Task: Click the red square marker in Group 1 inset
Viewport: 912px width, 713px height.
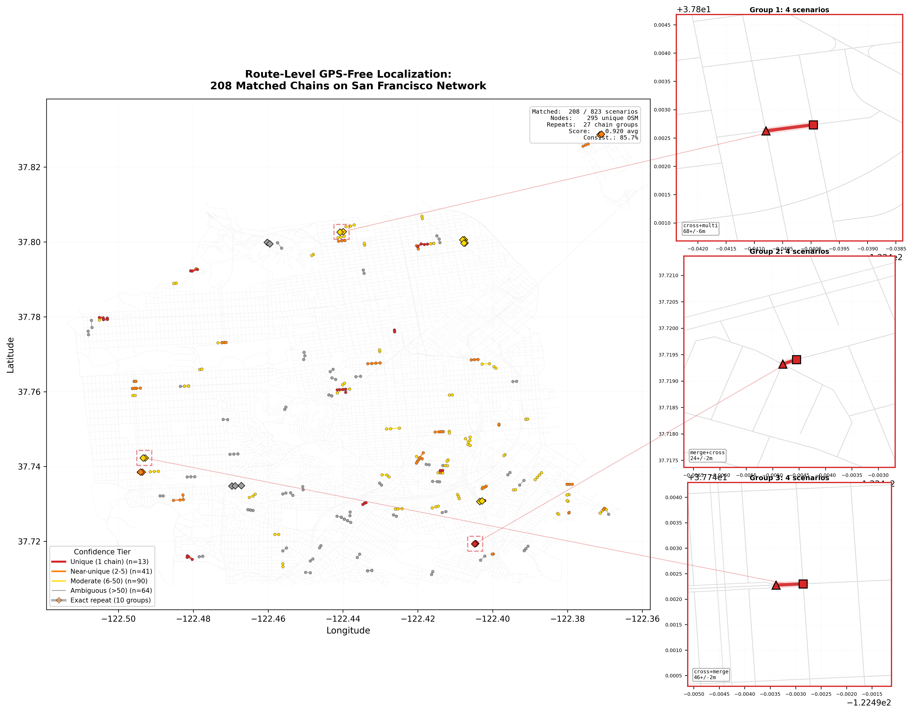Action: tap(813, 125)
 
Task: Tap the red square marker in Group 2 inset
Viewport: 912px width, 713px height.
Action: tap(796, 360)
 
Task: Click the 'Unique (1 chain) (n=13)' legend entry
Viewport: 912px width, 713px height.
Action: tap(109, 562)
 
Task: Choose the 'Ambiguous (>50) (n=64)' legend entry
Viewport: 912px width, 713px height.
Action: tap(111, 591)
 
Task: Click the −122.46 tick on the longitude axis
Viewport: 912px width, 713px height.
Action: tap(268, 619)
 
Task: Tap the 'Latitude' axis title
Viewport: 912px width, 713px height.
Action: tap(10, 355)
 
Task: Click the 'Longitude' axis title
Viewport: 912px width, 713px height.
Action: tap(348, 631)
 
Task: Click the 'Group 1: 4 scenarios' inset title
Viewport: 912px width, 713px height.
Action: tap(789, 10)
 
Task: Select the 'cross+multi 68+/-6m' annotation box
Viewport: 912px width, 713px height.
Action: tap(700, 229)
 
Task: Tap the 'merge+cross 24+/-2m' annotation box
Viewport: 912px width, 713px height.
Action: tap(707, 455)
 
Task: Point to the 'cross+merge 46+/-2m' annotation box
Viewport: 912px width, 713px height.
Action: tap(711, 674)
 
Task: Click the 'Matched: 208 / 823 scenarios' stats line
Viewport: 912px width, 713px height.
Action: tap(585, 111)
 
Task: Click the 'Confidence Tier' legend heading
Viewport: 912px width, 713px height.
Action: tap(102, 552)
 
